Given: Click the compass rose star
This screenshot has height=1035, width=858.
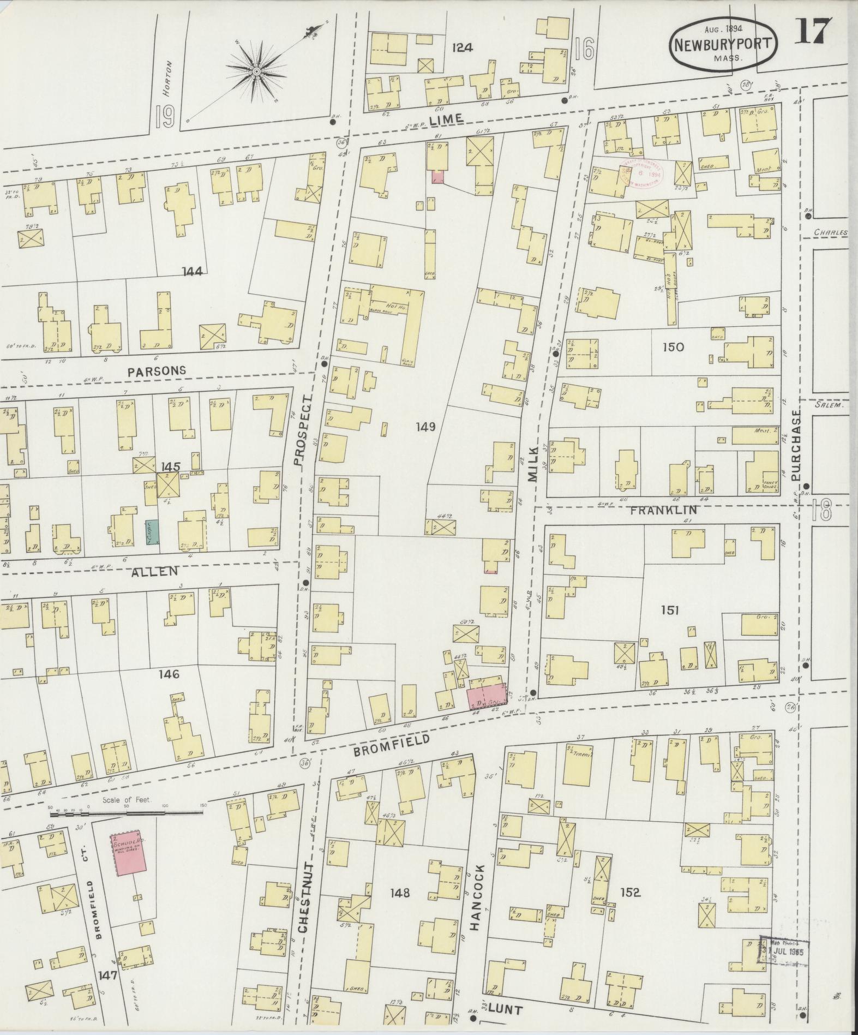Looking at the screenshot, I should click(256, 72).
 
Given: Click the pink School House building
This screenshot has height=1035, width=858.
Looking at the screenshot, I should click(129, 854).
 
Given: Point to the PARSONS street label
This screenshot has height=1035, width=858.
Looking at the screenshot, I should click(157, 370).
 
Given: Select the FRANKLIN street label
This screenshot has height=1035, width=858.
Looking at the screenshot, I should click(671, 511).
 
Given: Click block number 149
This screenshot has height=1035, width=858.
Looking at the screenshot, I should click(425, 427).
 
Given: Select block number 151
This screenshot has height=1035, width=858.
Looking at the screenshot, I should click(669, 610).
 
